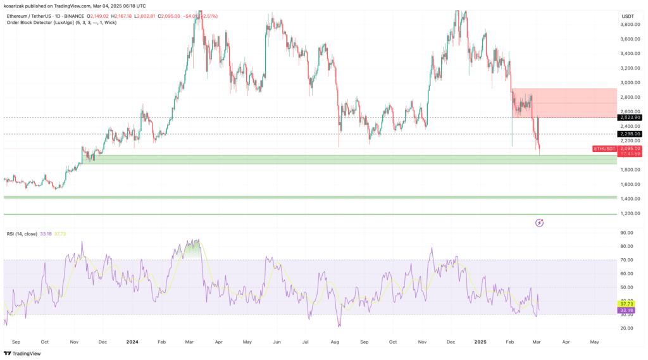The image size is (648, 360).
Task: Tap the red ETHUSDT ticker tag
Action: (604, 149)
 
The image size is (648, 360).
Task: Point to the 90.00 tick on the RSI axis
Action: (628, 233)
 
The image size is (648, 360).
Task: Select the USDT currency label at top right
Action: (628, 16)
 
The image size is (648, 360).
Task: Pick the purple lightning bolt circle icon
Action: (539, 223)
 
